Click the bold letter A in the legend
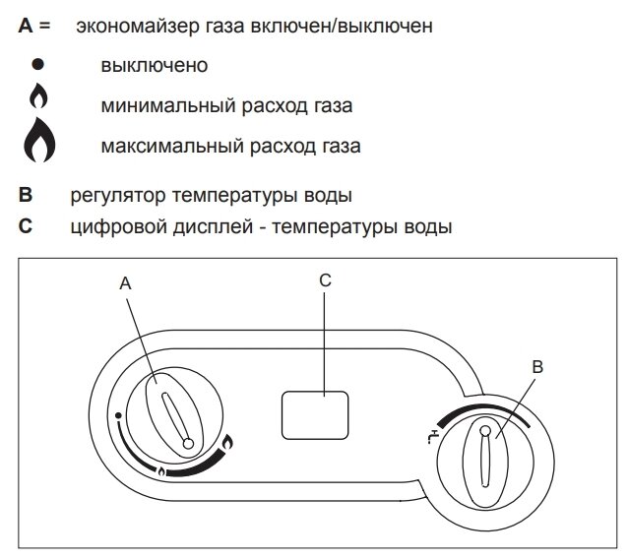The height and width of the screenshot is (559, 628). point(25,26)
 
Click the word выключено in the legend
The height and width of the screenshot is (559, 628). point(153,66)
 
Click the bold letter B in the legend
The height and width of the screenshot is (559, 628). point(25,194)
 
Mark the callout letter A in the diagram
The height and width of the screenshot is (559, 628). point(126,283)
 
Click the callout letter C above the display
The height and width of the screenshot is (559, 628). point(325,280)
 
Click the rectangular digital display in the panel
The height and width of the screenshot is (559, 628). point(315,414)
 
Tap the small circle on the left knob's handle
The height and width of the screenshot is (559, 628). point(188,445)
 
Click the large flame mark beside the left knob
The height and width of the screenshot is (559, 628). point(228,445)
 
